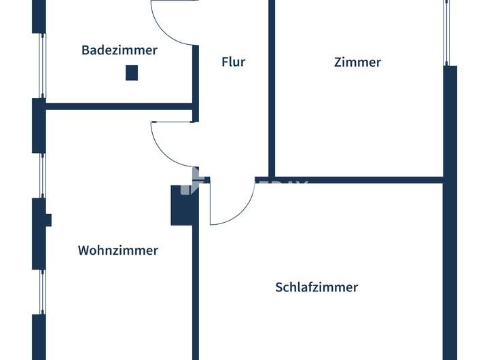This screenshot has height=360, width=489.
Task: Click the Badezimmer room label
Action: point(120,50)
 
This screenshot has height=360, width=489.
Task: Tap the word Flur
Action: point(233,62)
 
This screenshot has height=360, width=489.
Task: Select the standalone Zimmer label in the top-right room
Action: point(357,62)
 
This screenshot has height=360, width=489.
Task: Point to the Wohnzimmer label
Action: point(118,250)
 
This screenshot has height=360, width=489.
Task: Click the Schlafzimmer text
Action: point(316,287)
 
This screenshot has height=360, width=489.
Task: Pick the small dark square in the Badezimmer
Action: point(132,73)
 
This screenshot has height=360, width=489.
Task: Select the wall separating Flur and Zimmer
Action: point(272,88)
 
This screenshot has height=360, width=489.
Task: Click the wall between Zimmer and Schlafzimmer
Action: point(353,180)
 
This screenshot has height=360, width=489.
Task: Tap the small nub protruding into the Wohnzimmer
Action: point(48,219)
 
